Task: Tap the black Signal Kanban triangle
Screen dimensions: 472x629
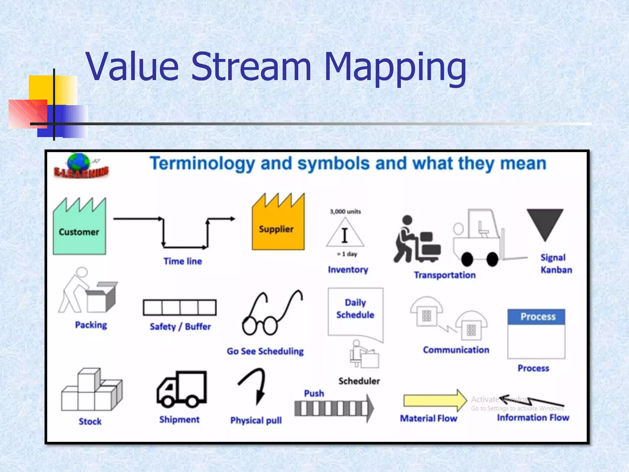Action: [545, 222]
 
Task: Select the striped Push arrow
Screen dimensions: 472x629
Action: [334, 408]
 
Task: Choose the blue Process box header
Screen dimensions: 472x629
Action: [536, 317]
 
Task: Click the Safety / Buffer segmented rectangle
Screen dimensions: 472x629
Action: [180, 307]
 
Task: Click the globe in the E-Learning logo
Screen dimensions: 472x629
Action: [79, 163]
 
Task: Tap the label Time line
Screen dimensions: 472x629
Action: [183, 261]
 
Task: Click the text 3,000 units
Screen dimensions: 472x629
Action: [345, 211]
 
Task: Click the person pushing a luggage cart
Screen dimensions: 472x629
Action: [416, 240]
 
